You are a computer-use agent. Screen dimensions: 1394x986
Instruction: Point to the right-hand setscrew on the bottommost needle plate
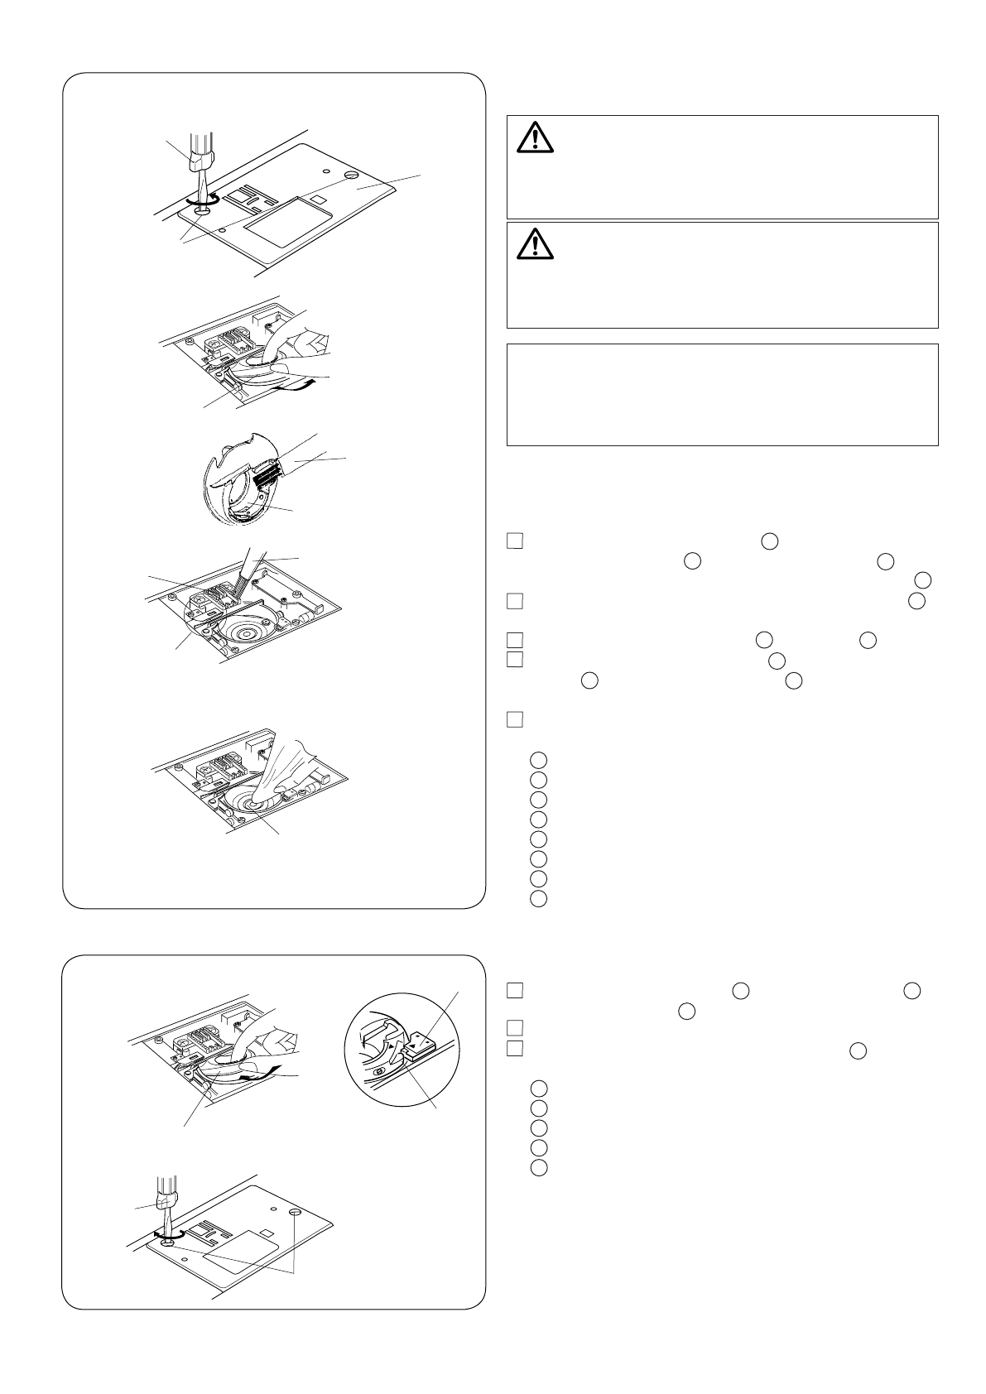coord(296,1212)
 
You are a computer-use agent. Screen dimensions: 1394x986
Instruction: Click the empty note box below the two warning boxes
coord(722,395)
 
